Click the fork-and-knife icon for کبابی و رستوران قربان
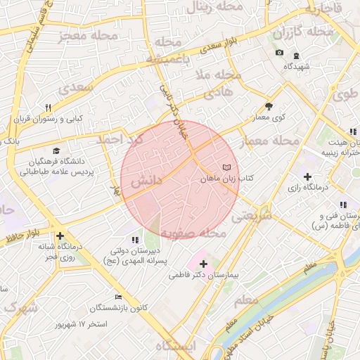pyautogui.click(x=49, y=108)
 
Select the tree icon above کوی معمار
pyautogui.click(x=269, y=107)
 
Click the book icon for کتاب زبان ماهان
pyautogui.click(x=226, y=167)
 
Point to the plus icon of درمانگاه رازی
pyautogui.click(x=307, y=176)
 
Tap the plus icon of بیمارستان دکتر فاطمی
pyautogui.click(x=203, y=264)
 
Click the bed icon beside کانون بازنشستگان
pyautogui.click(x=118, y=297)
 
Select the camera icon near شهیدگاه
pyautogui.click(x=279, y=53)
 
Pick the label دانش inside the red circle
pyautogui.click(x=146, y=181)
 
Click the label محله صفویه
pyautogui.click(x=193, y=233)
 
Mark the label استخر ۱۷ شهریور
pyautogui.click(x=84, y=324)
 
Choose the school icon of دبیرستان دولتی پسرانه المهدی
pyautogui.click(x=135, y=240)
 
